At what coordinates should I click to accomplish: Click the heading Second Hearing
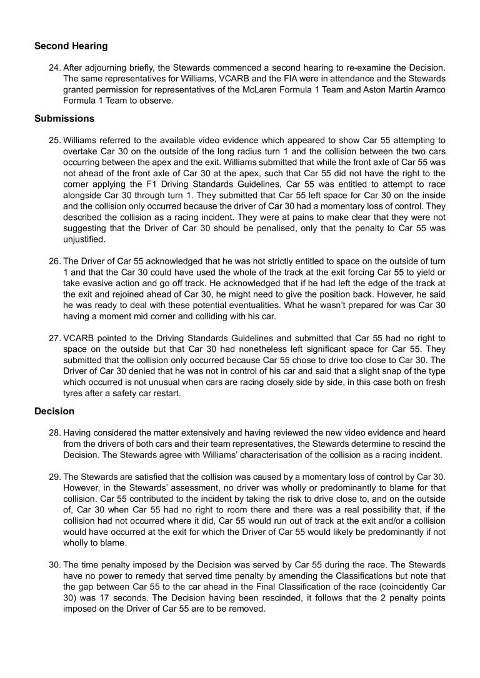(71, 46)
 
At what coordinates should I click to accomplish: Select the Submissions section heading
(64, 118)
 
